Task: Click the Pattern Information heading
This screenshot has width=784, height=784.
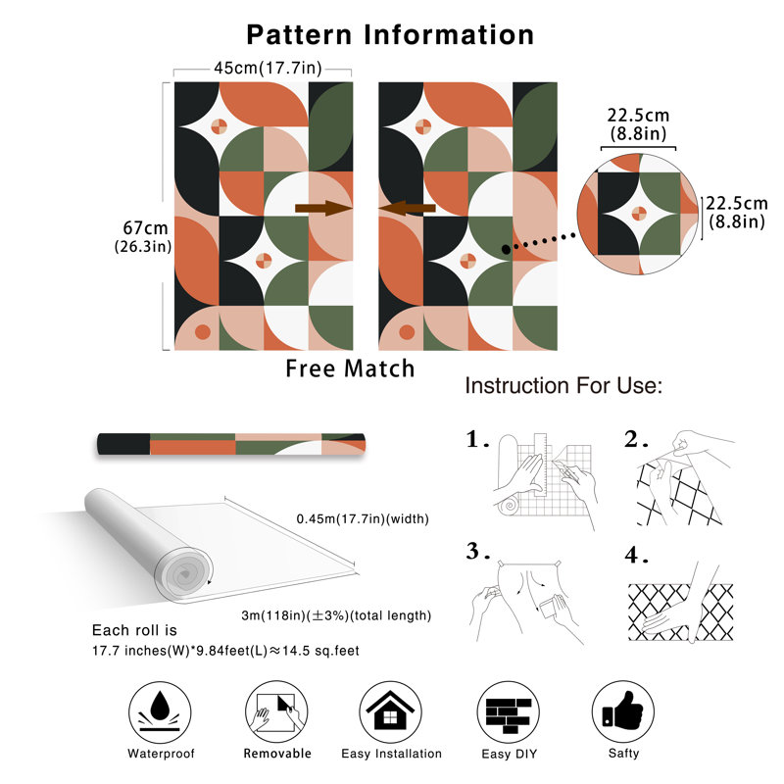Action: [x=390, y=35]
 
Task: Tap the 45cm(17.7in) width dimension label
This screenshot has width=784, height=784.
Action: [x=268, y=68]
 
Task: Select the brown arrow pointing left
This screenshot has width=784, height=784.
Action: [x=407, y=208]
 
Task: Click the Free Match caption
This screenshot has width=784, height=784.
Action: [x=350, y=368]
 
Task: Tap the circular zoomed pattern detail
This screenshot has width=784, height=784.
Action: [x=639, y=214]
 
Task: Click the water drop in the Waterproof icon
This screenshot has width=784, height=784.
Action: [x=160, y=705]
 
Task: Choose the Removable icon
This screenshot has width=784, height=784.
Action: [x=276, y=711]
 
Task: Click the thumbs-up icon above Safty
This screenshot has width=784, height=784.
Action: [x=622, y=710]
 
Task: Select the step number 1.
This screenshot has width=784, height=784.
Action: [x=476, y=440]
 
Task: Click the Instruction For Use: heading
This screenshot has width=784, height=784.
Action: [x=563, y=385]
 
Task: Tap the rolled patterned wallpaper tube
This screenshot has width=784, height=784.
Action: [x=231, y=444]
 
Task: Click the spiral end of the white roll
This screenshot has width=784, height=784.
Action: [x=183, y=574]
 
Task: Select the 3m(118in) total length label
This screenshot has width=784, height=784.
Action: [x=336, y=615]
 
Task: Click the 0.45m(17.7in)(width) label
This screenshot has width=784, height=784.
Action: [x=363, y=519]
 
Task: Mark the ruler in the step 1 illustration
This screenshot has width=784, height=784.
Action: [x=540, y=464]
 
